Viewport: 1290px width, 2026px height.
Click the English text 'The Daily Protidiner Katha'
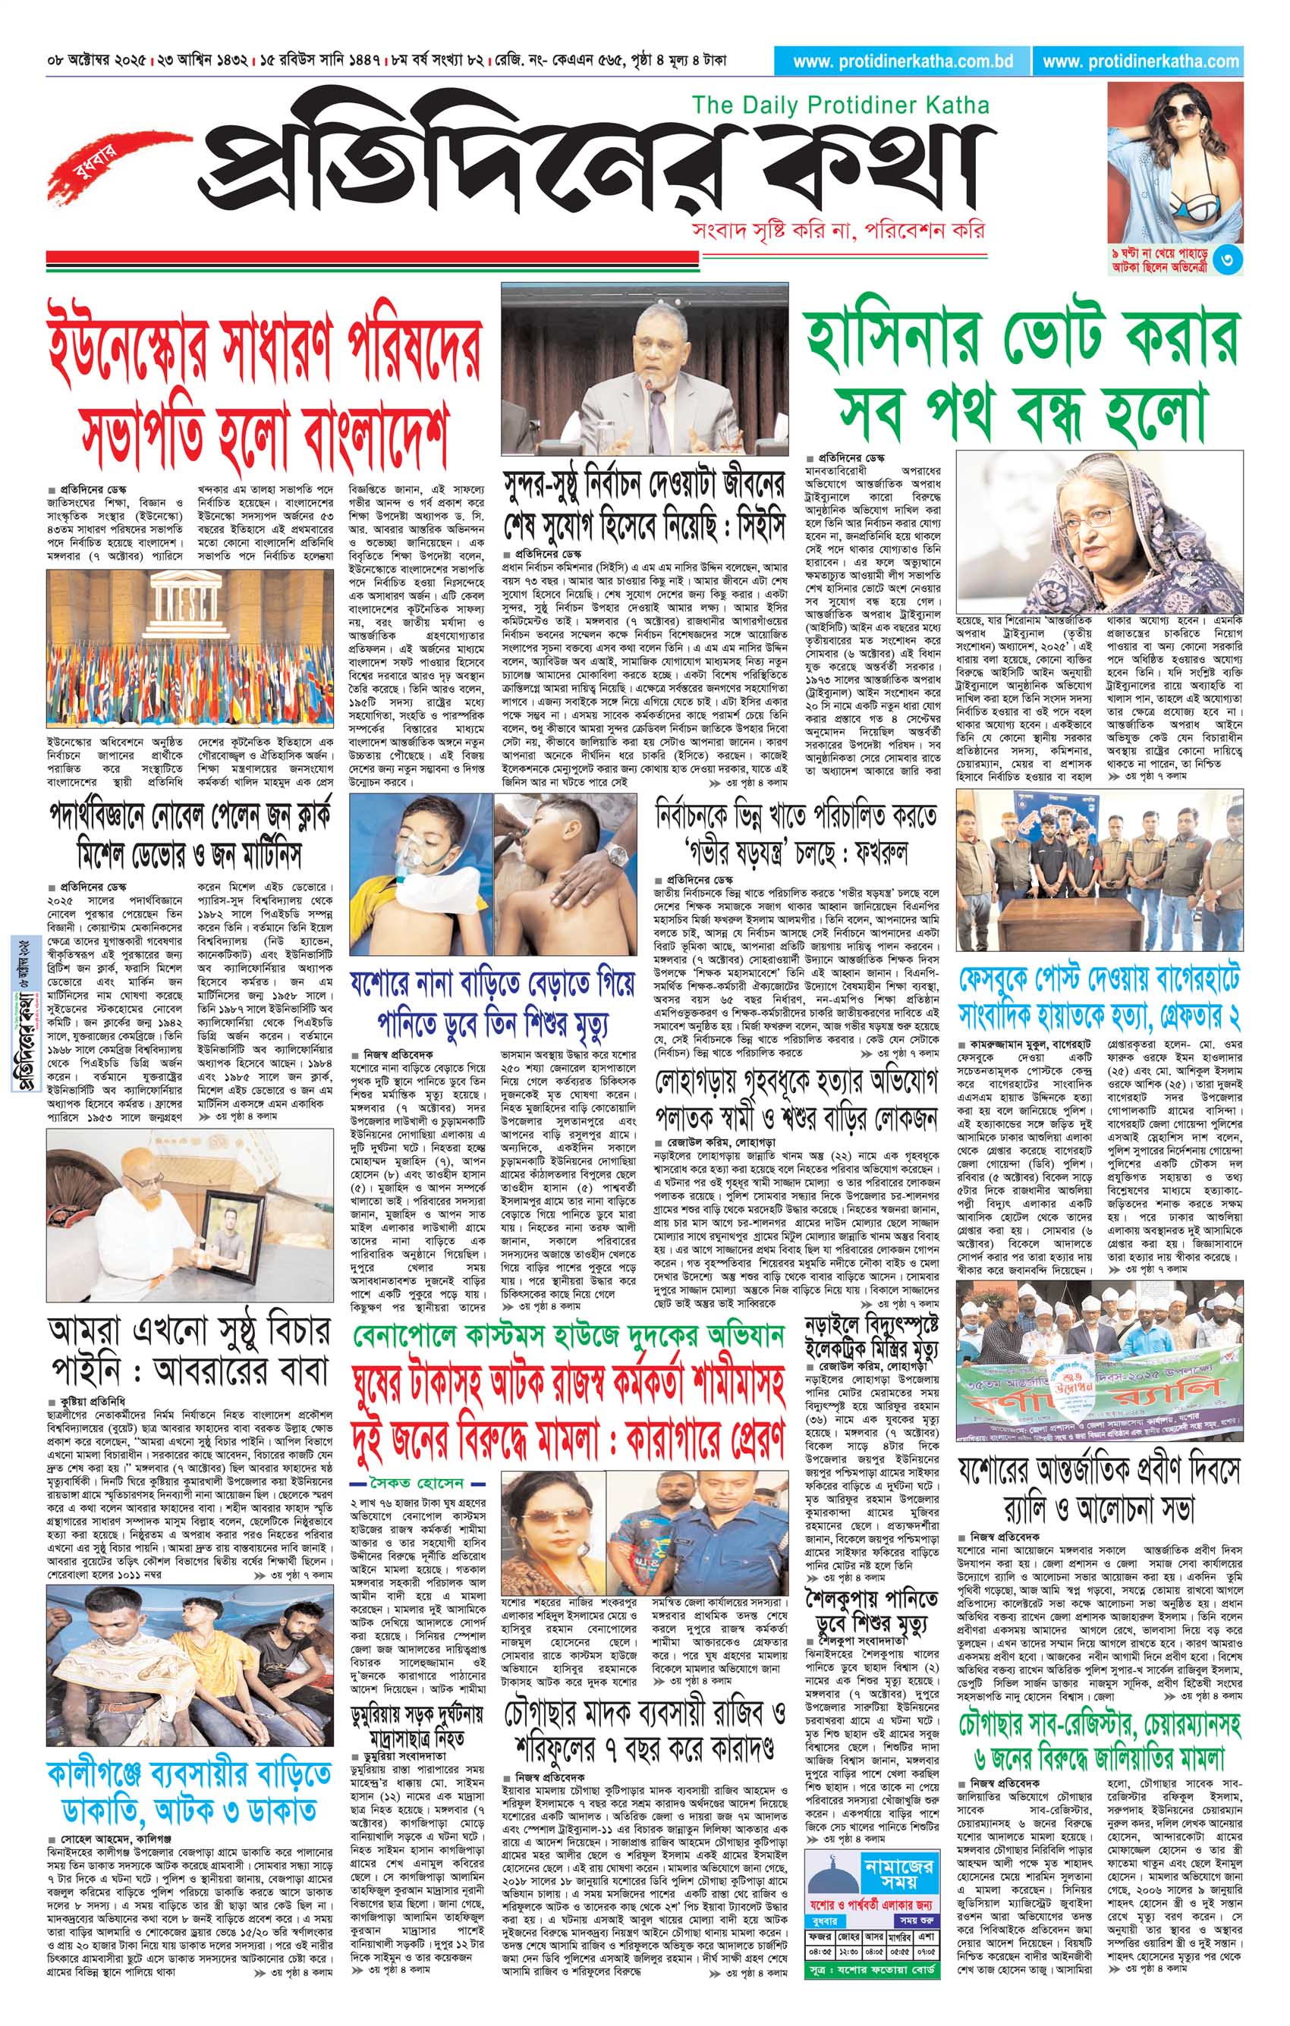pos(840,106)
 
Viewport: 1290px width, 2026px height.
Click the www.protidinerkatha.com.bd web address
pos(904,61)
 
